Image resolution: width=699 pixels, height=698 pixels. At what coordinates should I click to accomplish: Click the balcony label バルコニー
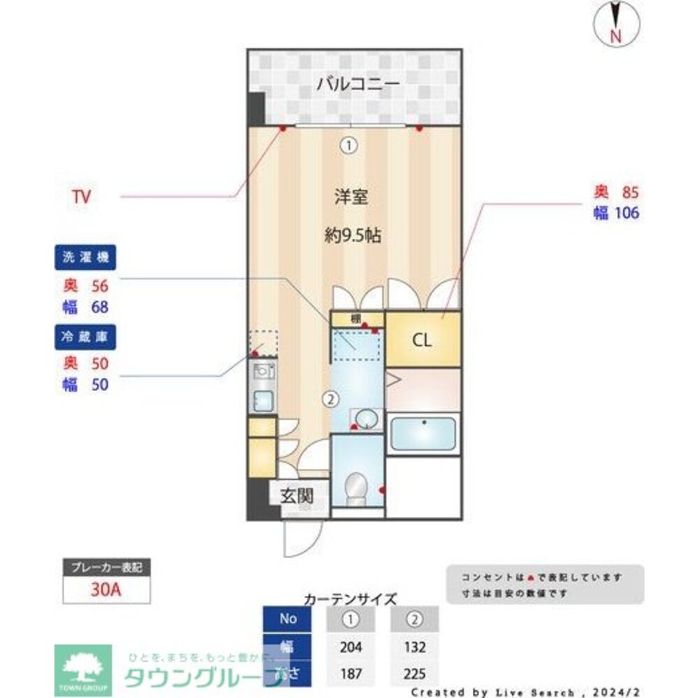coord(358,85)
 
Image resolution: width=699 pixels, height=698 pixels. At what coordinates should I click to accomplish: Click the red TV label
coord(81,197)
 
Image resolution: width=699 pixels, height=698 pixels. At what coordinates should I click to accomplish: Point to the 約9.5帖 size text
coord(352,235)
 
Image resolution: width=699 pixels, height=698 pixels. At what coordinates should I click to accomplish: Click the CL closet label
coord(422,341)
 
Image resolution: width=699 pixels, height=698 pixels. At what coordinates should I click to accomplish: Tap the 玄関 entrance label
coord(296,496)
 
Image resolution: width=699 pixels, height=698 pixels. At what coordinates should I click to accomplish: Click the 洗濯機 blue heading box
coord(85,257)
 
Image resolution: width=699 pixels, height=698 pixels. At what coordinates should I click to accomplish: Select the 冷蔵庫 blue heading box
coord(85,336)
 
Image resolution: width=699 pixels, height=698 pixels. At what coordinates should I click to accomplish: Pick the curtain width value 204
coord(351,647)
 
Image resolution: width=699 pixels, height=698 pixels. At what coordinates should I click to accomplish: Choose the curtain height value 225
coord(415,674)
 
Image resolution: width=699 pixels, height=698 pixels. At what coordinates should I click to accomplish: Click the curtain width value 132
coord(415,647)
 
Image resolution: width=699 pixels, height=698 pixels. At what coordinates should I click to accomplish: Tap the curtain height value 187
coord(351,674)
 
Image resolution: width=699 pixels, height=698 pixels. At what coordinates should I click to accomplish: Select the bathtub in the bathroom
coord(422,434)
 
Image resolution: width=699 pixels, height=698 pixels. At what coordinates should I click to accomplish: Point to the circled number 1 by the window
coord(348,145)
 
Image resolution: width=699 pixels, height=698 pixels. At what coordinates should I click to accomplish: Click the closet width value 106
coord(626,213)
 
